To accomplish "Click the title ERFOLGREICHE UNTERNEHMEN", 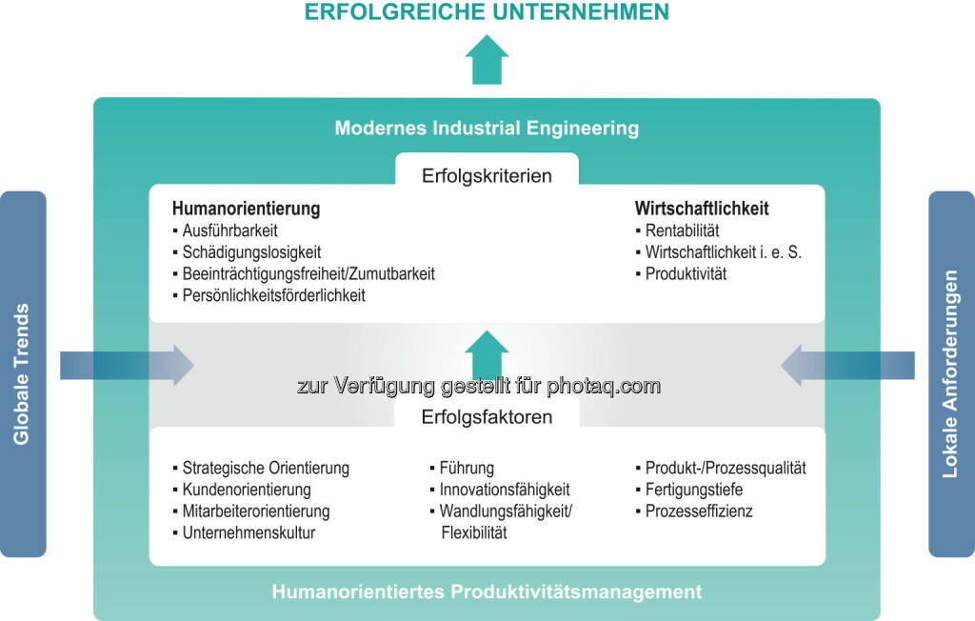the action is pyautogui.click(x=487, y=11).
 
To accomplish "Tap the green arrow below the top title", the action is pyautogui.click(x=487, y=60).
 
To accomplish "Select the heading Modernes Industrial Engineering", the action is pyautogui.click(x=487, y=129).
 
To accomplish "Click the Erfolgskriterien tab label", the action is pyautogui.click(x=487, y=175).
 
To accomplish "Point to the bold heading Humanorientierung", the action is pyautogui.click(x=247, y=209).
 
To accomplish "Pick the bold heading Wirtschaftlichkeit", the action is pyautogui.click(x=702, y=209).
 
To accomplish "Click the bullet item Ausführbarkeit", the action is pyautogui.click(x=230, y=230).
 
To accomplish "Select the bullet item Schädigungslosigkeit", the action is pyautogui.click(x=251, y=252).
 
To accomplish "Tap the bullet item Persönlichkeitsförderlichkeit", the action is pyautogui.click(x=273, y=295).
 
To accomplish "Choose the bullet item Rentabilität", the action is pyautogui.click(x=682, y=230).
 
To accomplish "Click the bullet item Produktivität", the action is pyautogui.click(x=686, y=273).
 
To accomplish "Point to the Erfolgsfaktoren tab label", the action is pyautogui.click(x=487, y=417).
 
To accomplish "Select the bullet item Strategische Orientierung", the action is pyautogui.click(x=267, y=468).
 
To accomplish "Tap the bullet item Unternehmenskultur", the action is pyautogui.click(x=249, y=532).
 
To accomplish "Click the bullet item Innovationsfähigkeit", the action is pyautogui.click(x=505, y=490).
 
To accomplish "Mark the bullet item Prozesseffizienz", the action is pyautogui.click(x=699, y=511).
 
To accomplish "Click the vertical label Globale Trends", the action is pyautogui.click(x=22, y=374).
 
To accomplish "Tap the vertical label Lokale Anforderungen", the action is pyautogui.click(x=950, y=374).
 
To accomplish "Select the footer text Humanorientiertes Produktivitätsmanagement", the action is pyautogui.click(x=487, y=591).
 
